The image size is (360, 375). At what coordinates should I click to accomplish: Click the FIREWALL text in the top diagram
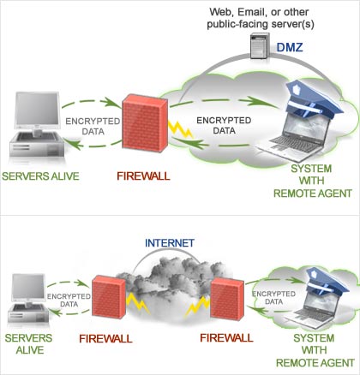[141, 177]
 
